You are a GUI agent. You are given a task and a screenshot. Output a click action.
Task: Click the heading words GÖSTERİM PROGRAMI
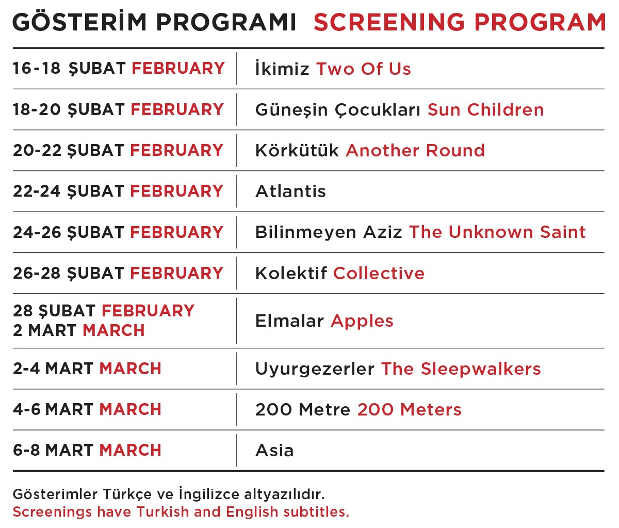click(154, 21)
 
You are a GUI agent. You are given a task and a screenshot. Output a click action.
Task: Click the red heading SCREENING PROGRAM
click(460, 22)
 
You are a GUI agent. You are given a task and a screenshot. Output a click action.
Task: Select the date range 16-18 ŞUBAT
click(69, 69)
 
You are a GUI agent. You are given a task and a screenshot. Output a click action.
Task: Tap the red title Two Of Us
click(364, 69)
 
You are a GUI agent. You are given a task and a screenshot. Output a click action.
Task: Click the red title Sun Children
click(485, 109)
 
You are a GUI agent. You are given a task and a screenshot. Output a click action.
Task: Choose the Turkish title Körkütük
click(297, 150)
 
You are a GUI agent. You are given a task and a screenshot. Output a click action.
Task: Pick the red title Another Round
click(415, 150)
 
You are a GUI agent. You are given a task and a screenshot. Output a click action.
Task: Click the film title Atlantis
click(290, 191)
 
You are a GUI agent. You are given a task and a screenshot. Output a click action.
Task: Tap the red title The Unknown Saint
click(497, 232)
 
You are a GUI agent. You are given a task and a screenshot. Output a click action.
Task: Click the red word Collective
click(379, 273)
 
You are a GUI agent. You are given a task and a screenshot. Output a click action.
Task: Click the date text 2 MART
click(45, 330)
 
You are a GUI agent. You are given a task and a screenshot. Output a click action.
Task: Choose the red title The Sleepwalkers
click(461, 369)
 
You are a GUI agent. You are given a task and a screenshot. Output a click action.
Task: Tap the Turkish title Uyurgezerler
click(315, 370)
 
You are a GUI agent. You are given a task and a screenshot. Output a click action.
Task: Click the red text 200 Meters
click(409, 410)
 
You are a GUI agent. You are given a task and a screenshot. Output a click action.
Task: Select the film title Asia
click(274, 451)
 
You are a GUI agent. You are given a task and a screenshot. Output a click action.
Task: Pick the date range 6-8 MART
click(53, 451)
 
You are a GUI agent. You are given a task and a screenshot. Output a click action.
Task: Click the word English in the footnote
click(252, 512)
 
